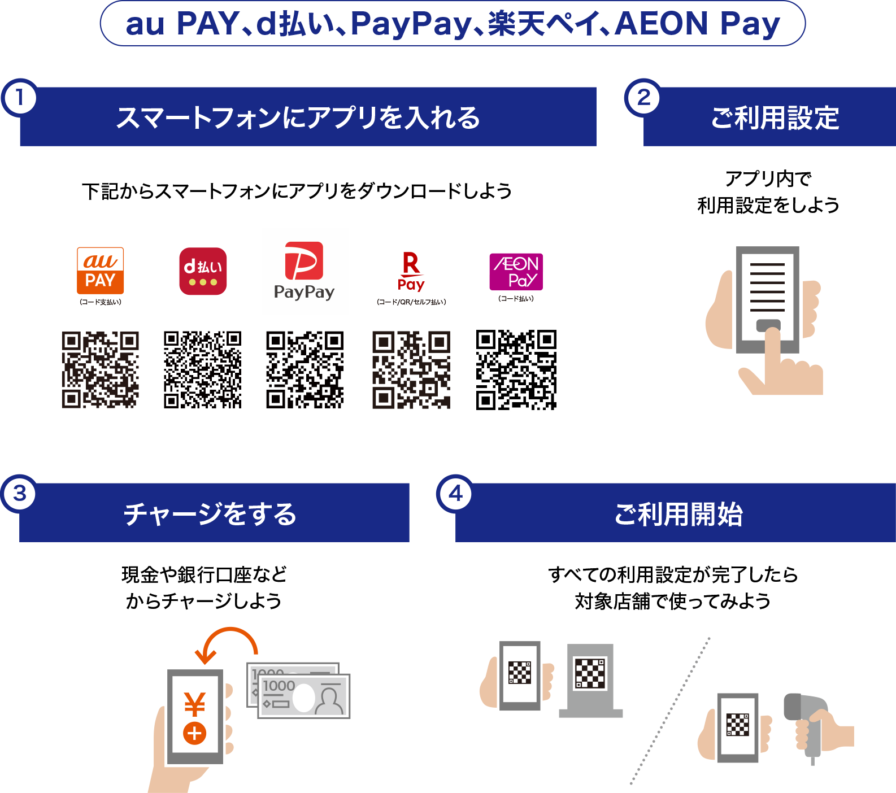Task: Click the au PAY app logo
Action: [101, 271]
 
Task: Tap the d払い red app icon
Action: [203, 272]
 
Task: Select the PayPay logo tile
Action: [305, 272]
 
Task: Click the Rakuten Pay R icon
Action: [411, 271]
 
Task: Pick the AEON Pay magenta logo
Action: [516, 272]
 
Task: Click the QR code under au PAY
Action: [101, 370]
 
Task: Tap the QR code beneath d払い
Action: [203, 370]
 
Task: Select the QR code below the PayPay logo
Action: [305, 370]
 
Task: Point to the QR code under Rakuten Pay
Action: [411, 370]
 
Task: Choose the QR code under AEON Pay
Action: [516, 370]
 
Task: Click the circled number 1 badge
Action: [20, 98]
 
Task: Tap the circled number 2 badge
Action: [643, 98]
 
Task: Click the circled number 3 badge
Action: [20, 494]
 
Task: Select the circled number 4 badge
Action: [455, 494]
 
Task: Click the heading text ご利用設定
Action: [775, 117]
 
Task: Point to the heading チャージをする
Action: [210, 514]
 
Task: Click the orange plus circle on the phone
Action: [194, 734]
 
